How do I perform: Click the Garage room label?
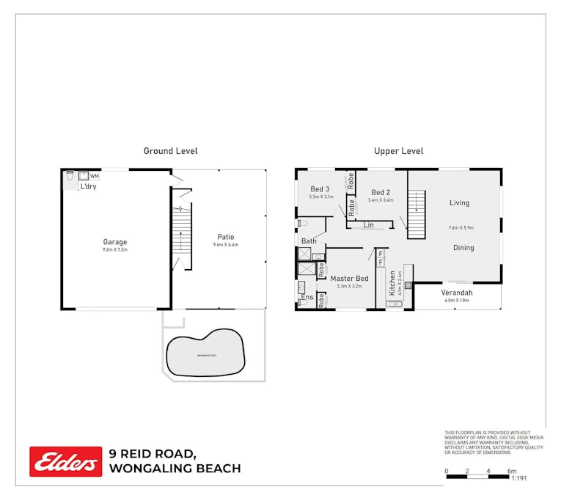tap(114, 242)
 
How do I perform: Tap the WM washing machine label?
tap(95, 176)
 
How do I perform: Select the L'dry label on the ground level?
tap(88, 186)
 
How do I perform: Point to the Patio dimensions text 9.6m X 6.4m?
tap(225, 245)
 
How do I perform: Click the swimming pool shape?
tap(205, 355)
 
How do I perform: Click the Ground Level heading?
tap(170, 151)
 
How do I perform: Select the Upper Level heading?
tap(398, 151)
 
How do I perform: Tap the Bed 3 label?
tap(320, 189)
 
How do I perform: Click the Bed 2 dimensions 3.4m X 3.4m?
tap(381, 199)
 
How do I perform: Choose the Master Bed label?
tap(349, 279)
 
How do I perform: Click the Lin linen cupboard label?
tap(369, 225)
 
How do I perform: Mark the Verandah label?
tap(457, 293)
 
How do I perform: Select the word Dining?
tap(463, 248)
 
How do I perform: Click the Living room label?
tap(459, 203)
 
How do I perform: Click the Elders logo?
tap(65, 461)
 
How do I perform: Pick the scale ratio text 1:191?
tap(518, 478)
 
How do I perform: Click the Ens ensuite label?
tap(307, 297)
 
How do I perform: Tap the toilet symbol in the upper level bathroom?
tap(304, 222)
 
